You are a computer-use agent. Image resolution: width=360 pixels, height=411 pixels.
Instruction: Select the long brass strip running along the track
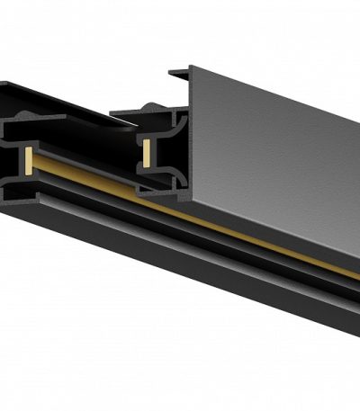tap(225, 226)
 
